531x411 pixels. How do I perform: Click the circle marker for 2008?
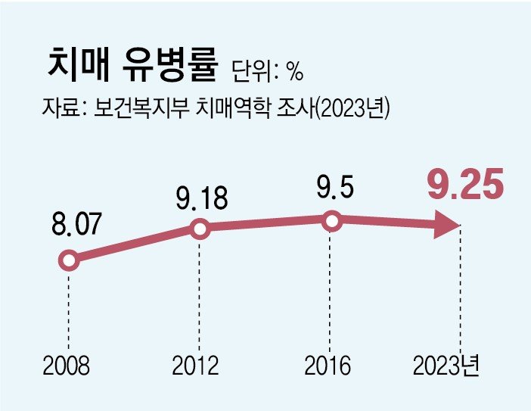click(68, 261)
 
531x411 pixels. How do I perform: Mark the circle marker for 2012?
click(200, 229)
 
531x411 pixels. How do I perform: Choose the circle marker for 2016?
click(331, 221)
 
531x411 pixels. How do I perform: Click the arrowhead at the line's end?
click(447, 226)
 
